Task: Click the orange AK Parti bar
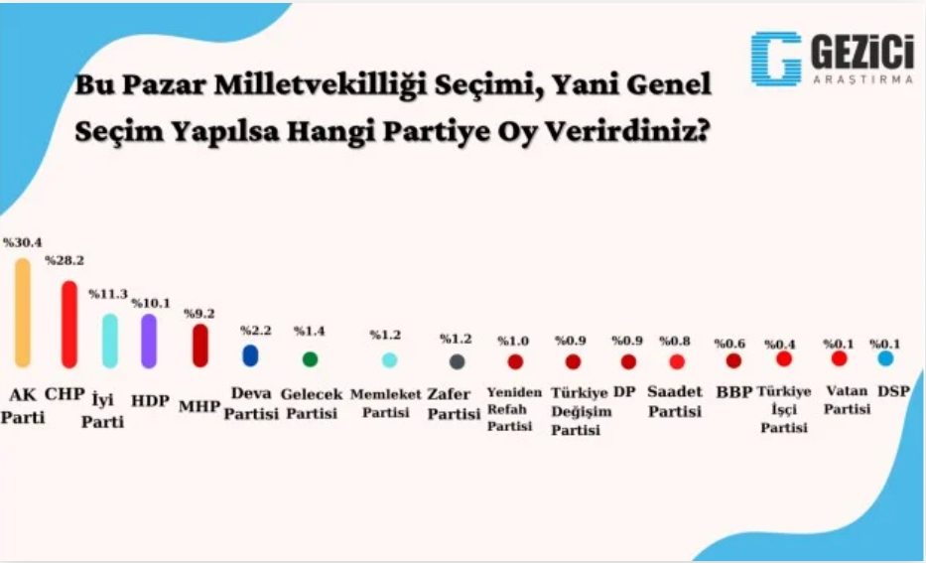pyautogui.click(x=23, y=313)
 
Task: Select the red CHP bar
pyautogui.click(x=69, y=325)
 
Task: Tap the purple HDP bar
pyautogui.click(x=149, y=341)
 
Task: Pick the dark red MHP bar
pyautogui.click(x=200, y=345)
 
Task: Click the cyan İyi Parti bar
pyautogui.click(x=110, y=341)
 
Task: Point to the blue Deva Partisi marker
pyautogui.click(x=250, y=355)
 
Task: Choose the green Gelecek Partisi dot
pyautogui.click(x=310, y=359)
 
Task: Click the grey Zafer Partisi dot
pyautogui.click(x=458, y=361)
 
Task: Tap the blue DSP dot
pyautogui.click(x=885, y=358)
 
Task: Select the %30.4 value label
pyautogui.click(x=23, y=243)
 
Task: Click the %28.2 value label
pyautogui.click(x=65, y=260)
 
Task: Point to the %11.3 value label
pyautogui.click(x=108, y=294)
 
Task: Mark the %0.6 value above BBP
pyautogui.click(x=729, y=344)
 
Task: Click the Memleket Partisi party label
pyautogui.click(x=386, y=403)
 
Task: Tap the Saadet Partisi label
pyautogui.click(x=675, y=401)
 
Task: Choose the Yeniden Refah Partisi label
pyautogui.click(x=514, y=409)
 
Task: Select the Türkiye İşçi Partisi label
pyautogui.click(x=784, y=409)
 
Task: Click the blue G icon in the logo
pyautogui.click(x=776, y=59)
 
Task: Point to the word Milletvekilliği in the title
pyautogui.click(x=321, y=86)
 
